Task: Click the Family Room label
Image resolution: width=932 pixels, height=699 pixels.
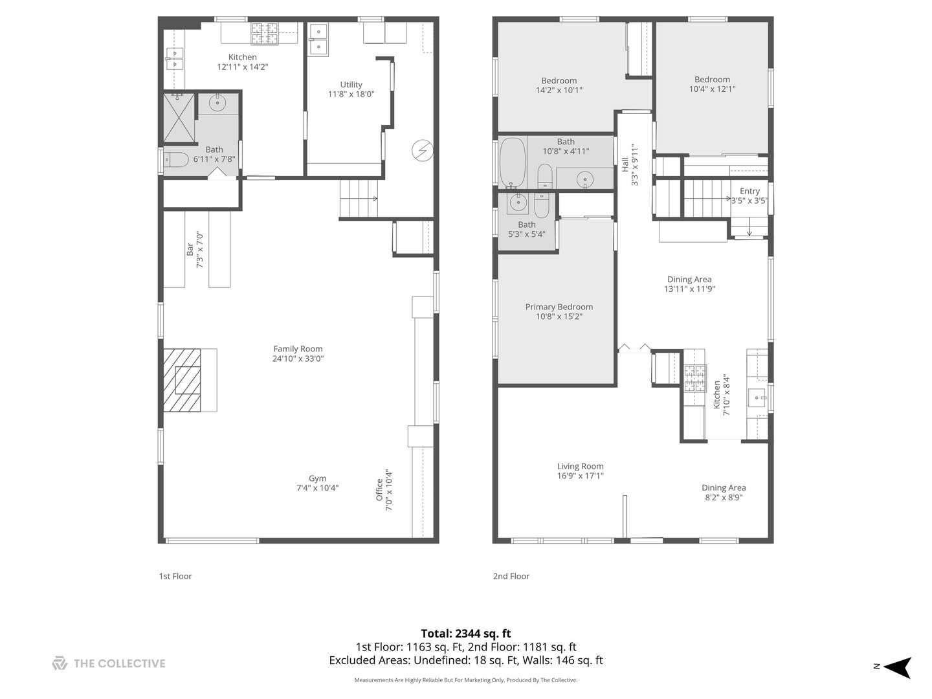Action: (298, 349)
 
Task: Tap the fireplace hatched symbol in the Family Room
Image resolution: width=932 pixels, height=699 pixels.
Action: (182, 380)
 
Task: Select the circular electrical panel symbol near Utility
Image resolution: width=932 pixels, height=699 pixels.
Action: (423, 151)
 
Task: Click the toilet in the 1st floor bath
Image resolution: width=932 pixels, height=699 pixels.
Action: (175, 159)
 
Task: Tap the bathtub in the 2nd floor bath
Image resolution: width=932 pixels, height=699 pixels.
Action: (513, 162)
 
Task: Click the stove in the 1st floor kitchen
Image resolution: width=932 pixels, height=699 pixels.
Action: (265, 33)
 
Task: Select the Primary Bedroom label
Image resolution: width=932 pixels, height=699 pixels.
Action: (559, 307)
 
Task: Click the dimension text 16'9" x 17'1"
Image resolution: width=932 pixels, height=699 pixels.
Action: (580, 476)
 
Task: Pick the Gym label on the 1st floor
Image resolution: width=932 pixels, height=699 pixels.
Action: (317, 479)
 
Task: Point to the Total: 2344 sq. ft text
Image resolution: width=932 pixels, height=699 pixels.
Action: (466, 634)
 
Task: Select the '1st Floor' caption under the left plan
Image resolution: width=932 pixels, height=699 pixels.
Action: (175, 576)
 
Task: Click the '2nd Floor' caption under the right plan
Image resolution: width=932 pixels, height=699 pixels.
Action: (511, 576)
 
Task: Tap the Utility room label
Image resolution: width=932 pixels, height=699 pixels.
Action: (351, 84)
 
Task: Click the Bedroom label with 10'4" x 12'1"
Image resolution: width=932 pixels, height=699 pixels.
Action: (712, 80)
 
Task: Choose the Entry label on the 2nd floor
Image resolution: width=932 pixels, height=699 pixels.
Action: (749, 191)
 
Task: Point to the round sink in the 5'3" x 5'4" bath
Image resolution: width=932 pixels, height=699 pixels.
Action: (518, 203)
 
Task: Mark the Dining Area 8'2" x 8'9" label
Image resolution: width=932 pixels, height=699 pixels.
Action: (724, 488)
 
